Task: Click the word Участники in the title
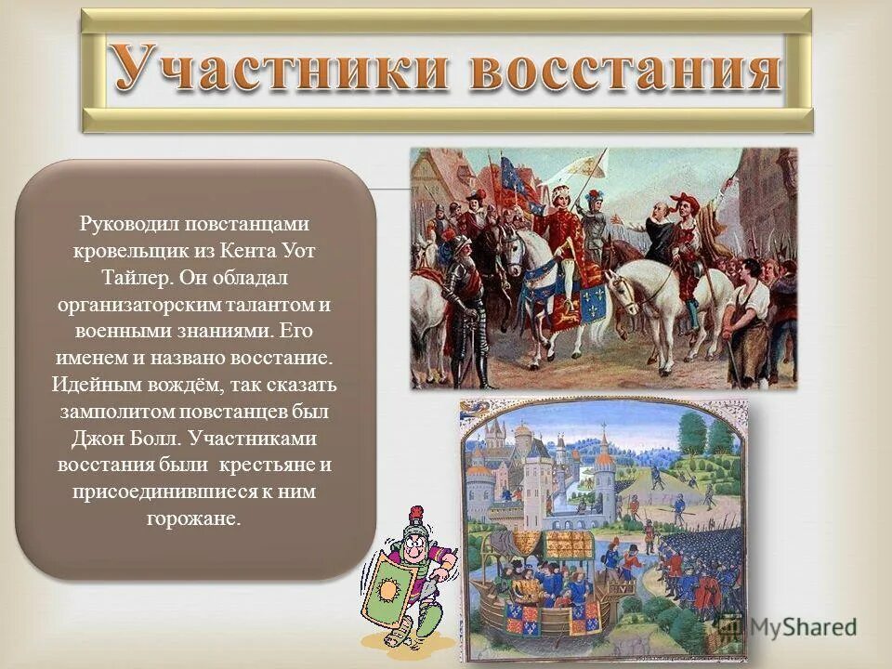click(x=279, y=70)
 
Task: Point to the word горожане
click(x=194, y=518)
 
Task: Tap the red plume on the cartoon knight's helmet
click(x=416, y=515)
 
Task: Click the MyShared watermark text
click(x=803, y=627)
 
